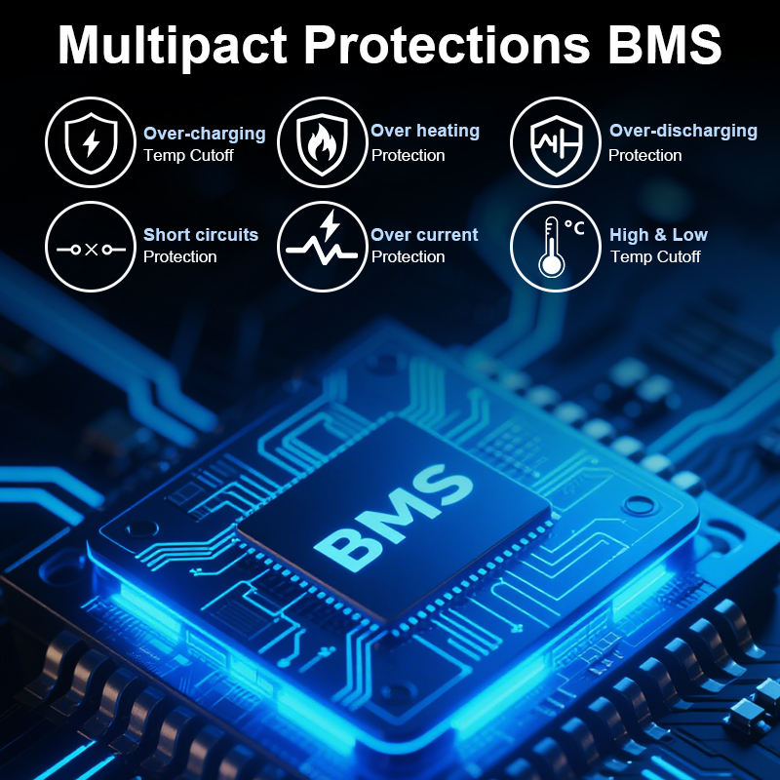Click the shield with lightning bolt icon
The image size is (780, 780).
point(91,142)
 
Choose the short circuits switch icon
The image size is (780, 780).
point(91,247)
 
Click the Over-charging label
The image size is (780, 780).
point(204,134)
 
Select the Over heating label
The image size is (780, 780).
point(425,131)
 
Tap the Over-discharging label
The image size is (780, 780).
point(682,131)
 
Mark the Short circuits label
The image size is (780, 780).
point(201,235)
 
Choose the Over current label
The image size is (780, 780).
point(424,235)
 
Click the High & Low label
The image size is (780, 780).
point(658,235)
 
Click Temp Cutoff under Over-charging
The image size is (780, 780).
point(188,156)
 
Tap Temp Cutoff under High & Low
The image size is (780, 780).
point(655,257)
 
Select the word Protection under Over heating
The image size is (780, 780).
point(408,156)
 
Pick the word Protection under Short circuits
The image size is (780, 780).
point(179,257)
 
